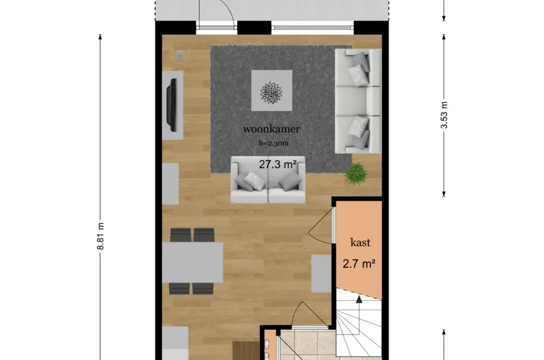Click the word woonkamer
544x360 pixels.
pos(271,128)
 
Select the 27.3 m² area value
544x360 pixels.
pos(277,165)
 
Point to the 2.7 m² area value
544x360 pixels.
pos(360,264)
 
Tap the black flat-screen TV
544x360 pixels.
pos(172,104)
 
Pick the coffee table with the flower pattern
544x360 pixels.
pos(271,90)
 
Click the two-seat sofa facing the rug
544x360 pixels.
pos(268,180)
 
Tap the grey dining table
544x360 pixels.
pos(192,262)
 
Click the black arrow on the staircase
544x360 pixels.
pos(359,300)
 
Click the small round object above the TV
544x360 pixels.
pos(180,55)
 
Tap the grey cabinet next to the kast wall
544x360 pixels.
pos(321,273)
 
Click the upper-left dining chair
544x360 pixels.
pos(180,235)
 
